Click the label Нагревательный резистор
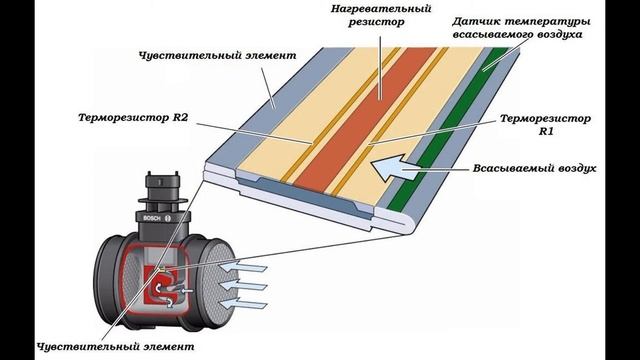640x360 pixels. (380, 15)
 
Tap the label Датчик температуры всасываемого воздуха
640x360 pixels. (521, 28)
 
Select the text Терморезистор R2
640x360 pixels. (133, 118)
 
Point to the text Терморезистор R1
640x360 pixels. (545, 125)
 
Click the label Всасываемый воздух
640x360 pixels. (534, 168)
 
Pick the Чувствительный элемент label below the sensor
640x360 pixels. (116, 347)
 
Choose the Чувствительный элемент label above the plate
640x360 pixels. (218, 55)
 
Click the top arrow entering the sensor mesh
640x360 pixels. (243, 267)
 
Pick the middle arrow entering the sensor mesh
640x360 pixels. (243, 285)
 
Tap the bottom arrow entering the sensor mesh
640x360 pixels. (243, 304)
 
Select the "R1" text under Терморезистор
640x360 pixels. (546, 131)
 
